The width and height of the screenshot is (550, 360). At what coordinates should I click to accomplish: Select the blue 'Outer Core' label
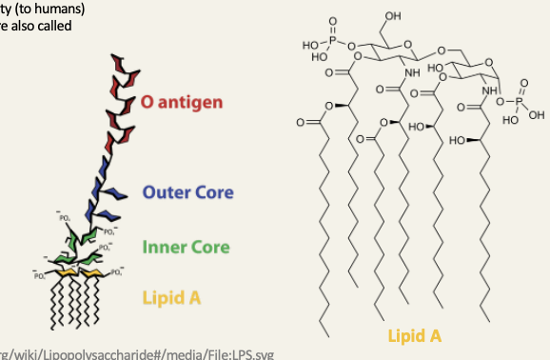tap(187, 192)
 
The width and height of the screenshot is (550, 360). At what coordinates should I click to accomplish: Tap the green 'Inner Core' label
tap(186, 248)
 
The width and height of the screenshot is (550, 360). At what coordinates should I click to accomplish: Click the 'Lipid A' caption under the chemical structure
tap(414, 336)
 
